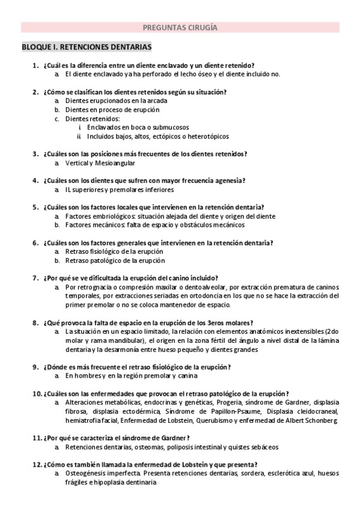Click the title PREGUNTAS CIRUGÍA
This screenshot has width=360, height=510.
(x=180, y=27)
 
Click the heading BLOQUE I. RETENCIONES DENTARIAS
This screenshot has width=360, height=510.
(x=87, y=46)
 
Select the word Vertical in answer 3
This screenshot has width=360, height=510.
(x=76, y=163)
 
